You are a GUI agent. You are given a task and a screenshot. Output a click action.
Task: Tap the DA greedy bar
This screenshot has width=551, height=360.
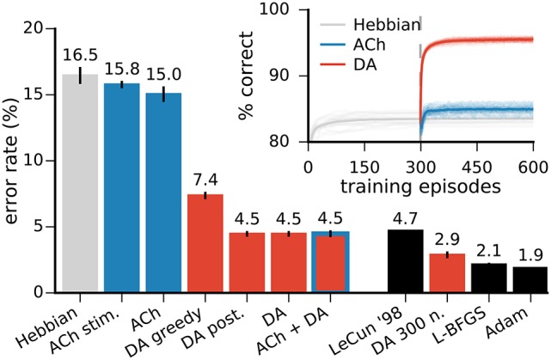(x=205, y=244)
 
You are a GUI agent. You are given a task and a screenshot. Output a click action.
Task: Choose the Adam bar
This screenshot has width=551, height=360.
(x=529, y=280)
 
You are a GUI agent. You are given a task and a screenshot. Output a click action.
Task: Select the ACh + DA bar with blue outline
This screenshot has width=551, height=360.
(x=330, y=262)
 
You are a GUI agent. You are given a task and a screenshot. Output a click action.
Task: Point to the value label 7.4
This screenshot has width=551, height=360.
(x=205, y=178)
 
